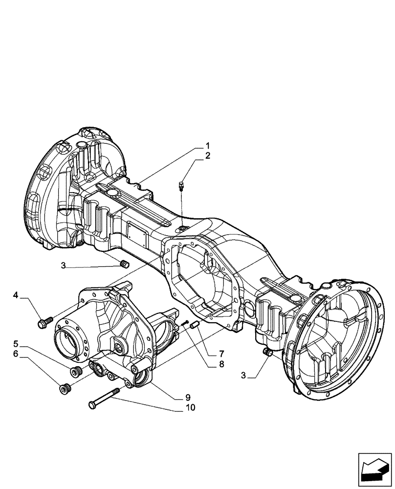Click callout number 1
[207, 146]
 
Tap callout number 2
[207, 156]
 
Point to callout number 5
[29, 343]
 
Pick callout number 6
[29, 354]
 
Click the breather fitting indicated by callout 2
[181, 185]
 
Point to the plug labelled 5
[75, 372]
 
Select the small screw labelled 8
[184, 323]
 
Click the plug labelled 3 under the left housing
[124, 265]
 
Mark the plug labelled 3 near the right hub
[267, 352]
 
